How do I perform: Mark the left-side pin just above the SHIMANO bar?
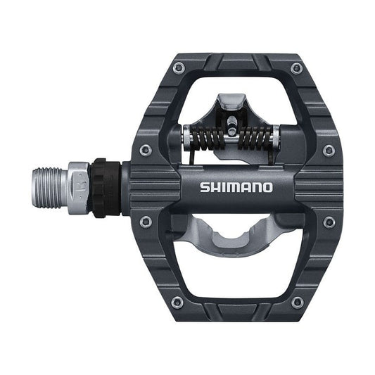(x=145, y=150)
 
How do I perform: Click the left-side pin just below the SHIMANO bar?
(x=145, y=222)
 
